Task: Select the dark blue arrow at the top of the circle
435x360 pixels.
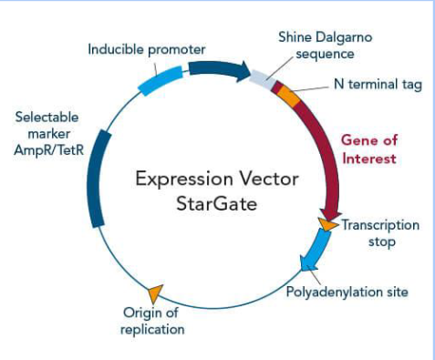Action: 218,69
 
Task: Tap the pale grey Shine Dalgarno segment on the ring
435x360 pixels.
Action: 261,79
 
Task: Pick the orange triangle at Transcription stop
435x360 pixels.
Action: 326,223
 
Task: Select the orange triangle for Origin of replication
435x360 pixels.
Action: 155,292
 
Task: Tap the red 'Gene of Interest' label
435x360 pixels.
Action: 368,149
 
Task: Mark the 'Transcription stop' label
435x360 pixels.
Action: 380,232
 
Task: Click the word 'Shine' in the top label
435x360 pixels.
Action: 296,37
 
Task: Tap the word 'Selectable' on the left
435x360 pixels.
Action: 47,117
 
